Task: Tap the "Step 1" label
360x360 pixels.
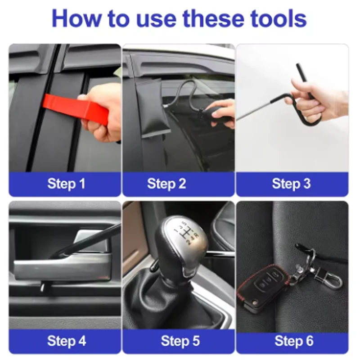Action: pyautogui.click(x=66, y=184)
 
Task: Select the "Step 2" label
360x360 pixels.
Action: pyautogui.click(x=166, y=184)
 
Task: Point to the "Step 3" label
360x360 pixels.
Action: pyautogui.click(x=291, y=184)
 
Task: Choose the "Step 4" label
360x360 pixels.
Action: pyautogui.click(x=67, y=341)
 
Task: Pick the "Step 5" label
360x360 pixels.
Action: pyautogui.click(x=180, y=341)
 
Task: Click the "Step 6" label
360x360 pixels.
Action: pyautogui.click(x=294, y=341)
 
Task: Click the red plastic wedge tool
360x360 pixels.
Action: pyautogui.click(x=76, y=108)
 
